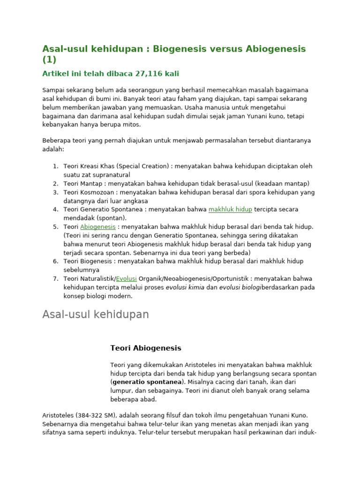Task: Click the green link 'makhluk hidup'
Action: pyautogui.click(x=230, y=210)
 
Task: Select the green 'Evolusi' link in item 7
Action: pyautogui.click(x=127, y=279)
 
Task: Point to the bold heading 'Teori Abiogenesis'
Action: pyautogui.click(x=145, y=348)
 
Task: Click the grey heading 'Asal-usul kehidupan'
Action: pyautogui.click(x=96, y=315)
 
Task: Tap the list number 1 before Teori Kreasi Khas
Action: pyautogui.click(x=55, y=166)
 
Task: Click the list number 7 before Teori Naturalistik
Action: pyautogui.click(x=55, y=279)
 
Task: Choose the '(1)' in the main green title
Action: pyautogui.click(x=49, y=60)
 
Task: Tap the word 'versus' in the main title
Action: pyautogui.click(x=217, y=49)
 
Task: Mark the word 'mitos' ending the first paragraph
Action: pyautogui.click(x=131, y=125)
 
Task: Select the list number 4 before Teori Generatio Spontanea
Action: pyautogui.click(x=55, y=210)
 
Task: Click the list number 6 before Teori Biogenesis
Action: pyautogui.click(x=55, y=262)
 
